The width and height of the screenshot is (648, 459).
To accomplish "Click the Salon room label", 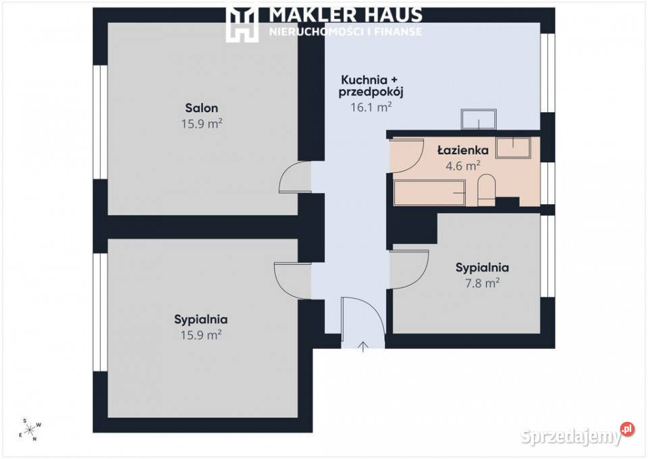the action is tap(201, 108).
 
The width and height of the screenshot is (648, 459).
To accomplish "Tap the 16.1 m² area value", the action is tap(371, 107).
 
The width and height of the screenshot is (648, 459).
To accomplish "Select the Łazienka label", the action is tap(463, 150).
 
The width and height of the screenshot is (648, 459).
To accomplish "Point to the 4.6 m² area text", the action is tap(463, 166).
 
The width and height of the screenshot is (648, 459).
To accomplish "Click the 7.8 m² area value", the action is tap(482, 283).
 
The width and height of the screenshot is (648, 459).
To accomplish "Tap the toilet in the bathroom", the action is tap(487, 190).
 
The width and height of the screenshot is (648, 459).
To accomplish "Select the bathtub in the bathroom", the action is tap(429, 193).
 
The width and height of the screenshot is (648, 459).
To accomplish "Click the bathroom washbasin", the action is tap(513, 147).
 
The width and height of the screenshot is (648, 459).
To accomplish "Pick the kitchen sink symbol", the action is tap(479, 119).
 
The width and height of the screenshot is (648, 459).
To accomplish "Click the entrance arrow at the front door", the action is tap(363, 347).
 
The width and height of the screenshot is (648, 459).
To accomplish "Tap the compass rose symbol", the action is tap(30, 430).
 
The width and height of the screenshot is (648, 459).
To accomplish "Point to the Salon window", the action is tap(100, 122).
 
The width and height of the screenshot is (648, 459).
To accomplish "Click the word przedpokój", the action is tap(371, 92).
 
